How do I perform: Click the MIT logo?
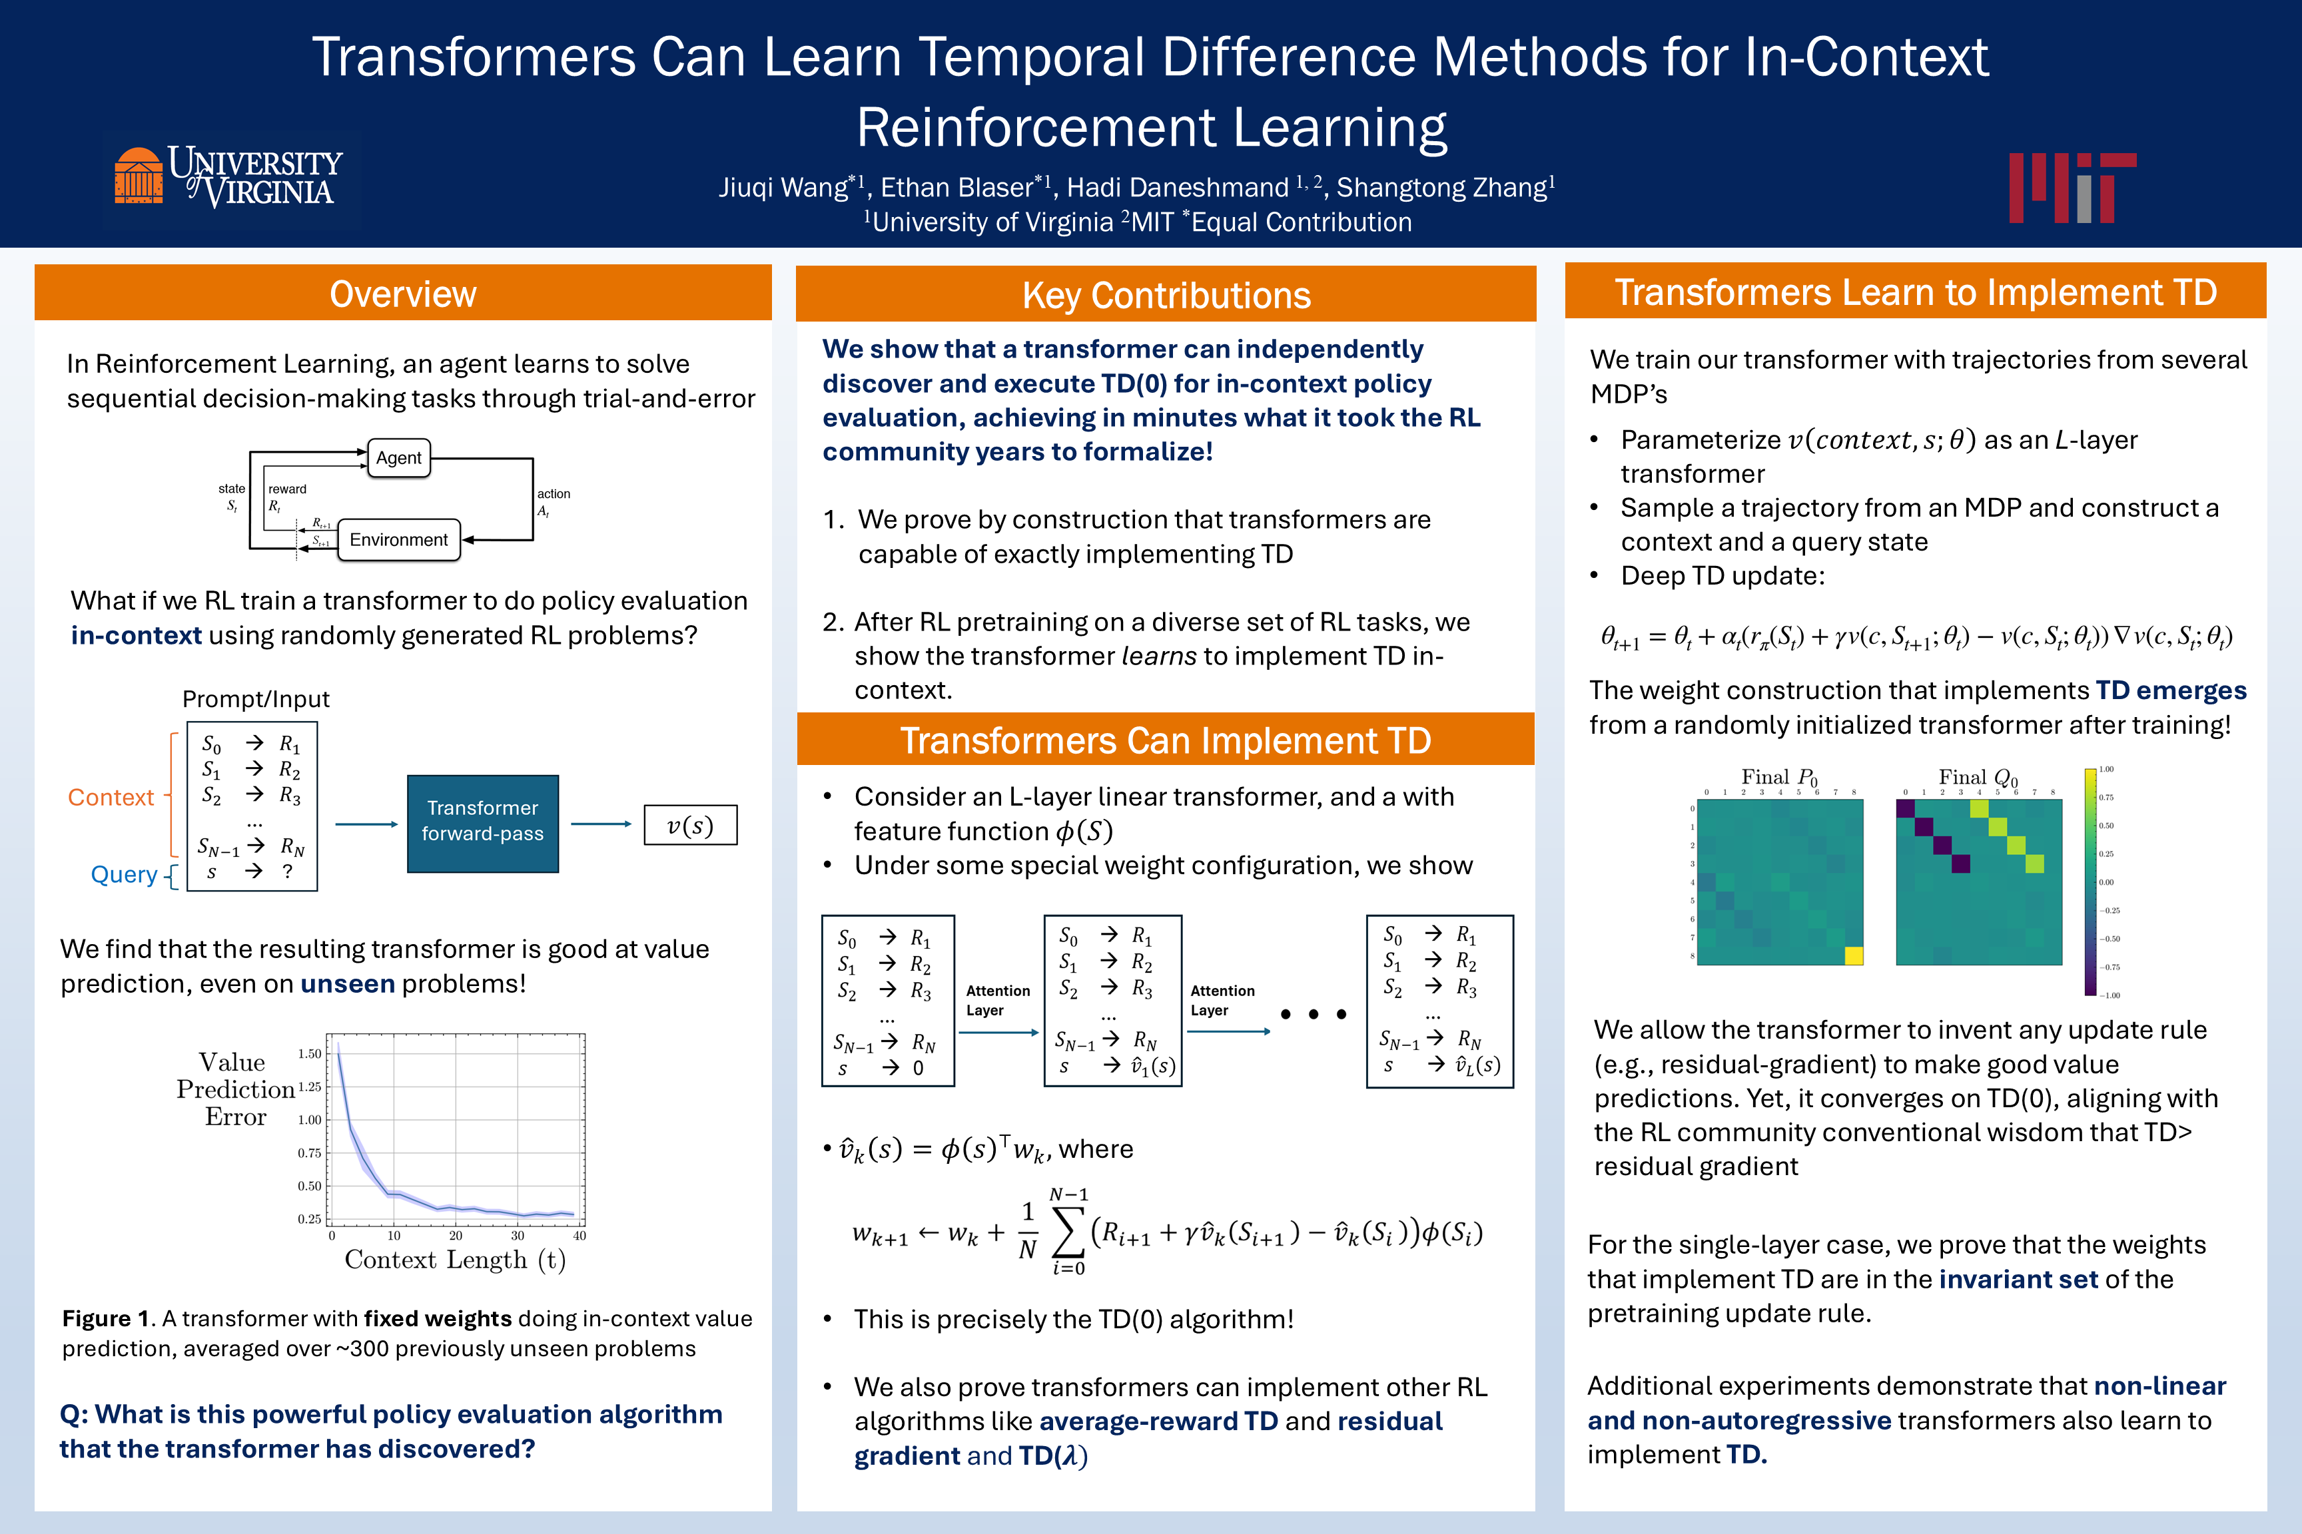[2072, 187]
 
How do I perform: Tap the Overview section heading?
[402, 294]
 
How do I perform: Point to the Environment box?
[398, 540]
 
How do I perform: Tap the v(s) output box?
[690, 825]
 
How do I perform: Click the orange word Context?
[111, 798]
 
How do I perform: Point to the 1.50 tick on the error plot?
[309, 1054]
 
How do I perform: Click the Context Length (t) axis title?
[455, 1260]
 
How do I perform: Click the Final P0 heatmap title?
[1778, 778]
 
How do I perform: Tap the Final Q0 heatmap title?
[1978, 778]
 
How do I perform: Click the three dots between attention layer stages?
[1314, 1015]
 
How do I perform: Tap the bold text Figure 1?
[105, 1319]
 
